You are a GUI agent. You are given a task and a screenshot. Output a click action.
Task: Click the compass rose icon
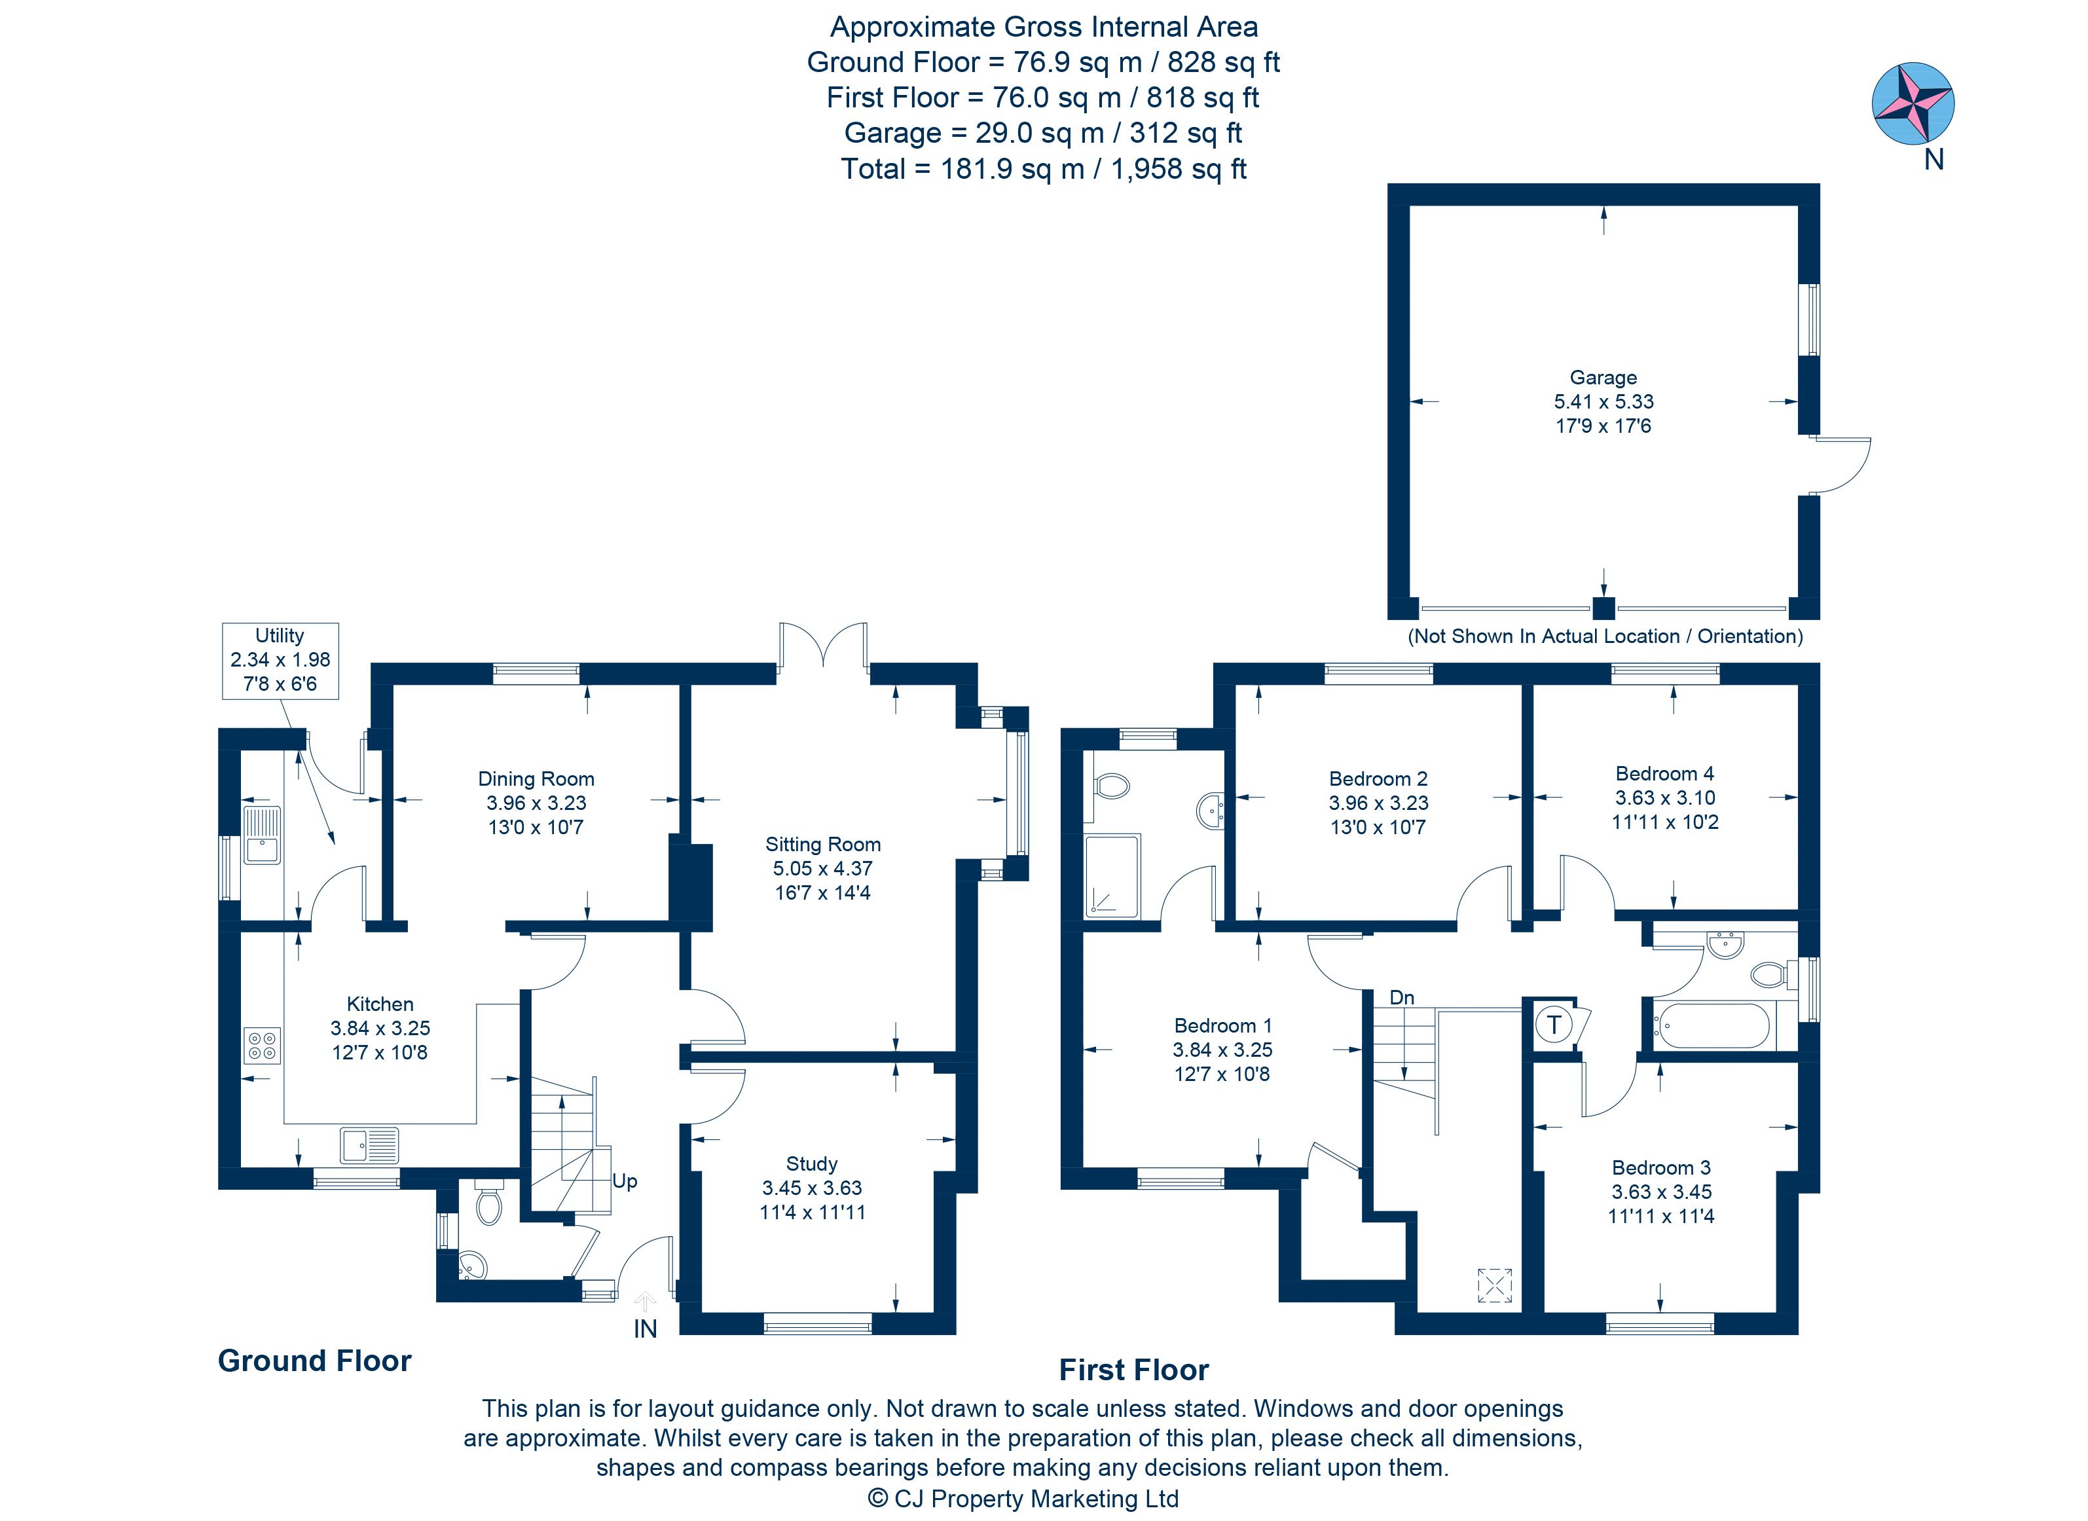click(1913, 102)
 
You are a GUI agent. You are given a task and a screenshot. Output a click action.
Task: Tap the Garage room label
click(1603, 378)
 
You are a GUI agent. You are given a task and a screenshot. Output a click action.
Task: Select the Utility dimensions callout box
click(280, 660)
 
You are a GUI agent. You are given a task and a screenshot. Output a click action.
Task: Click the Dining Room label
click(536, 779)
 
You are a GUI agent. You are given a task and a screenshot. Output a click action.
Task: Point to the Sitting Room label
click(822, 844)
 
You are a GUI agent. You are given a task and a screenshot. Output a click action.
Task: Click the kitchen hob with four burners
click(261, 1046)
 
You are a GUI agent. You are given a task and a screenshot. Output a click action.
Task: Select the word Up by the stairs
click(624, 1181)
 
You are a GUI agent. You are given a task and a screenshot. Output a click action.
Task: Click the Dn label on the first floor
click(1401, 997)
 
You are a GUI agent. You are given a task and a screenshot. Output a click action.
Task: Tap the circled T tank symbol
click(1554, 1024)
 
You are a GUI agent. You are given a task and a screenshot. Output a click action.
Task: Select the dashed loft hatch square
click(1494, 1285)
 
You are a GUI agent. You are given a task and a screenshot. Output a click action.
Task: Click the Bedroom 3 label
click(1661, 1167)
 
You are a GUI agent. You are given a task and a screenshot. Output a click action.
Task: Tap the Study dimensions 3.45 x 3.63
click(812, 1188)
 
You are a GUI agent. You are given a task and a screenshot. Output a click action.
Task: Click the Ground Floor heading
click(314, 1361)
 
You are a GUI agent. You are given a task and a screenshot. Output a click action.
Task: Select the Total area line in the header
click(1043, 168)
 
